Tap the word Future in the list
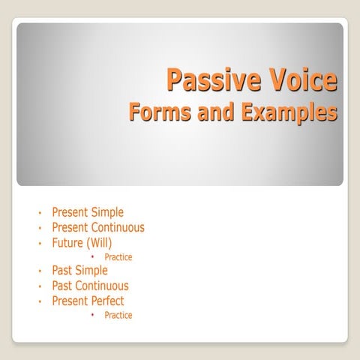click(x=67, y=242)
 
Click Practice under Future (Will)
click(x=118, y=257)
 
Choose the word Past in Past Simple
click(x=62, y=271)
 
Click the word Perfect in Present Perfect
click(x=107, y=301)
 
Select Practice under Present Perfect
click(x=118, y=316)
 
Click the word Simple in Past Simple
click(x=92, y=271)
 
